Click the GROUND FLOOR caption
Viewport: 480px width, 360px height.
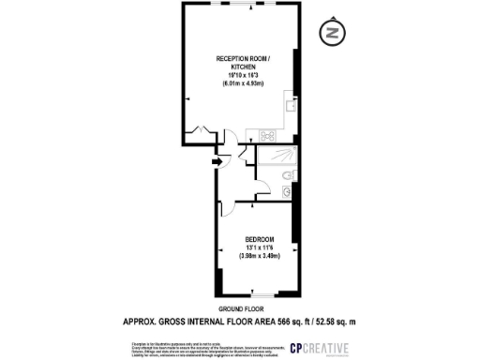point(241,309)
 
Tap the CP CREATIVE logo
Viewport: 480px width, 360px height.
point(321,349)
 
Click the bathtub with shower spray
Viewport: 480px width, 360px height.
point(277,157)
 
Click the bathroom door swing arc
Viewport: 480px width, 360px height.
point(247,157)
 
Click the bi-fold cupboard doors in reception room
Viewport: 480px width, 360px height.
point(199,130)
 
